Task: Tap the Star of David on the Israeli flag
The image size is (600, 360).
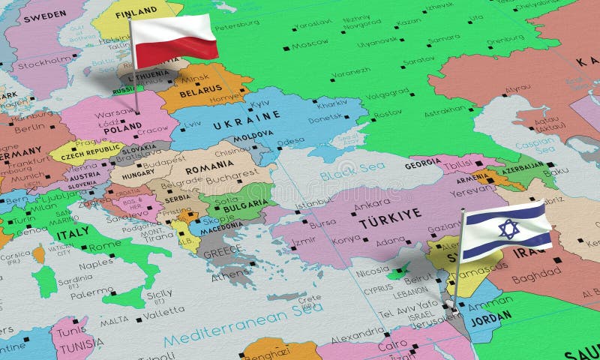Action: tap(508, 229)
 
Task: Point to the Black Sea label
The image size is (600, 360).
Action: tap(346, 175)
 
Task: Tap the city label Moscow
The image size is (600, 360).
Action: tap(310, 44)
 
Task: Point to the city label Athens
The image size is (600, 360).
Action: tap(228, 274)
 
